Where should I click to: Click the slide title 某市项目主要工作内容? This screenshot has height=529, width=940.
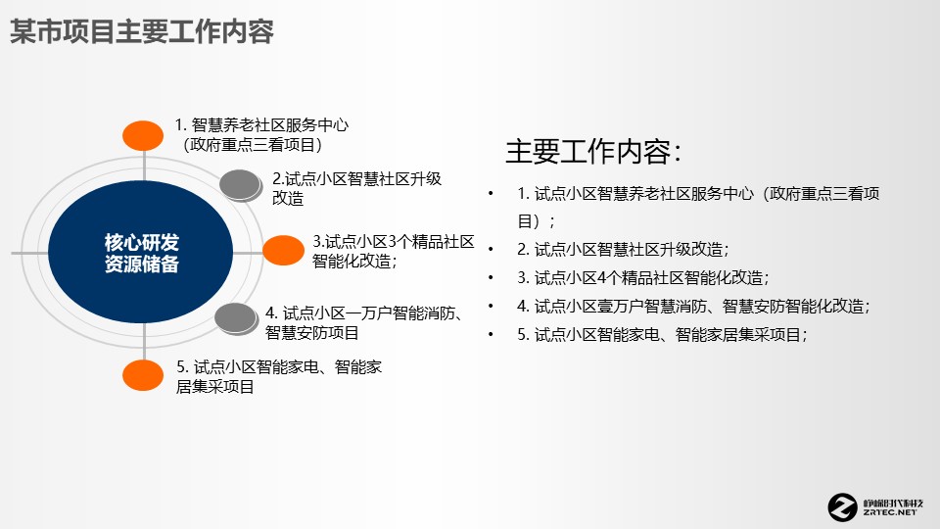[141, 31]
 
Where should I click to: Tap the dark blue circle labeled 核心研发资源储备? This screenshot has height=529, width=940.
[142, 253]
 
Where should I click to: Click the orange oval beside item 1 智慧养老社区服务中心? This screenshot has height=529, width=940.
[143, 135]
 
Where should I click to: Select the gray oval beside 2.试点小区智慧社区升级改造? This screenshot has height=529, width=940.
[241, 184]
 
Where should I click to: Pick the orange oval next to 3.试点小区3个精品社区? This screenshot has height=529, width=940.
[283, 250]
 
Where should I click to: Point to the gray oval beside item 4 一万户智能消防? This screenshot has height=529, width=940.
[235, 317]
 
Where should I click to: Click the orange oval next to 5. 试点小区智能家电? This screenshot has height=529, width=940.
[143, 374]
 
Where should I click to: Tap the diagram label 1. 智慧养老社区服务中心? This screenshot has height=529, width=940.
[261, 125]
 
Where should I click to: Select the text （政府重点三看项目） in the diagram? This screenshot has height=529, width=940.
[253, 145]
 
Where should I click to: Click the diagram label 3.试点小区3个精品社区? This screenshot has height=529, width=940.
[394, 241]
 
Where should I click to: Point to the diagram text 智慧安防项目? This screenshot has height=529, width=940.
[311, 333]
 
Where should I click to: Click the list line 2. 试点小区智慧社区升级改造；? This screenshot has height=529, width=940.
[623, 249]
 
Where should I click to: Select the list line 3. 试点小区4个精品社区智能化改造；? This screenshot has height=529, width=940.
[643, 277]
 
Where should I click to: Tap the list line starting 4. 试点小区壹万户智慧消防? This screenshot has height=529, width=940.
[693, 306]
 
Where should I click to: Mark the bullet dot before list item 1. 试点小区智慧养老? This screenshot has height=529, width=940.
[491, 194]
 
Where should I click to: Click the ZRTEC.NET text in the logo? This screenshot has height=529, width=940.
[891, 512]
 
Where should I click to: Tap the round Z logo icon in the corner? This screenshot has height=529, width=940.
[842, 505]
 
